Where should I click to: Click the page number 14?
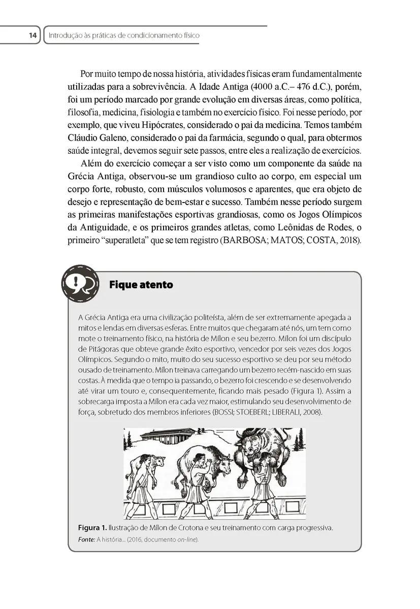coord(33,36)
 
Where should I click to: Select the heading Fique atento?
coord(141,285)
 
